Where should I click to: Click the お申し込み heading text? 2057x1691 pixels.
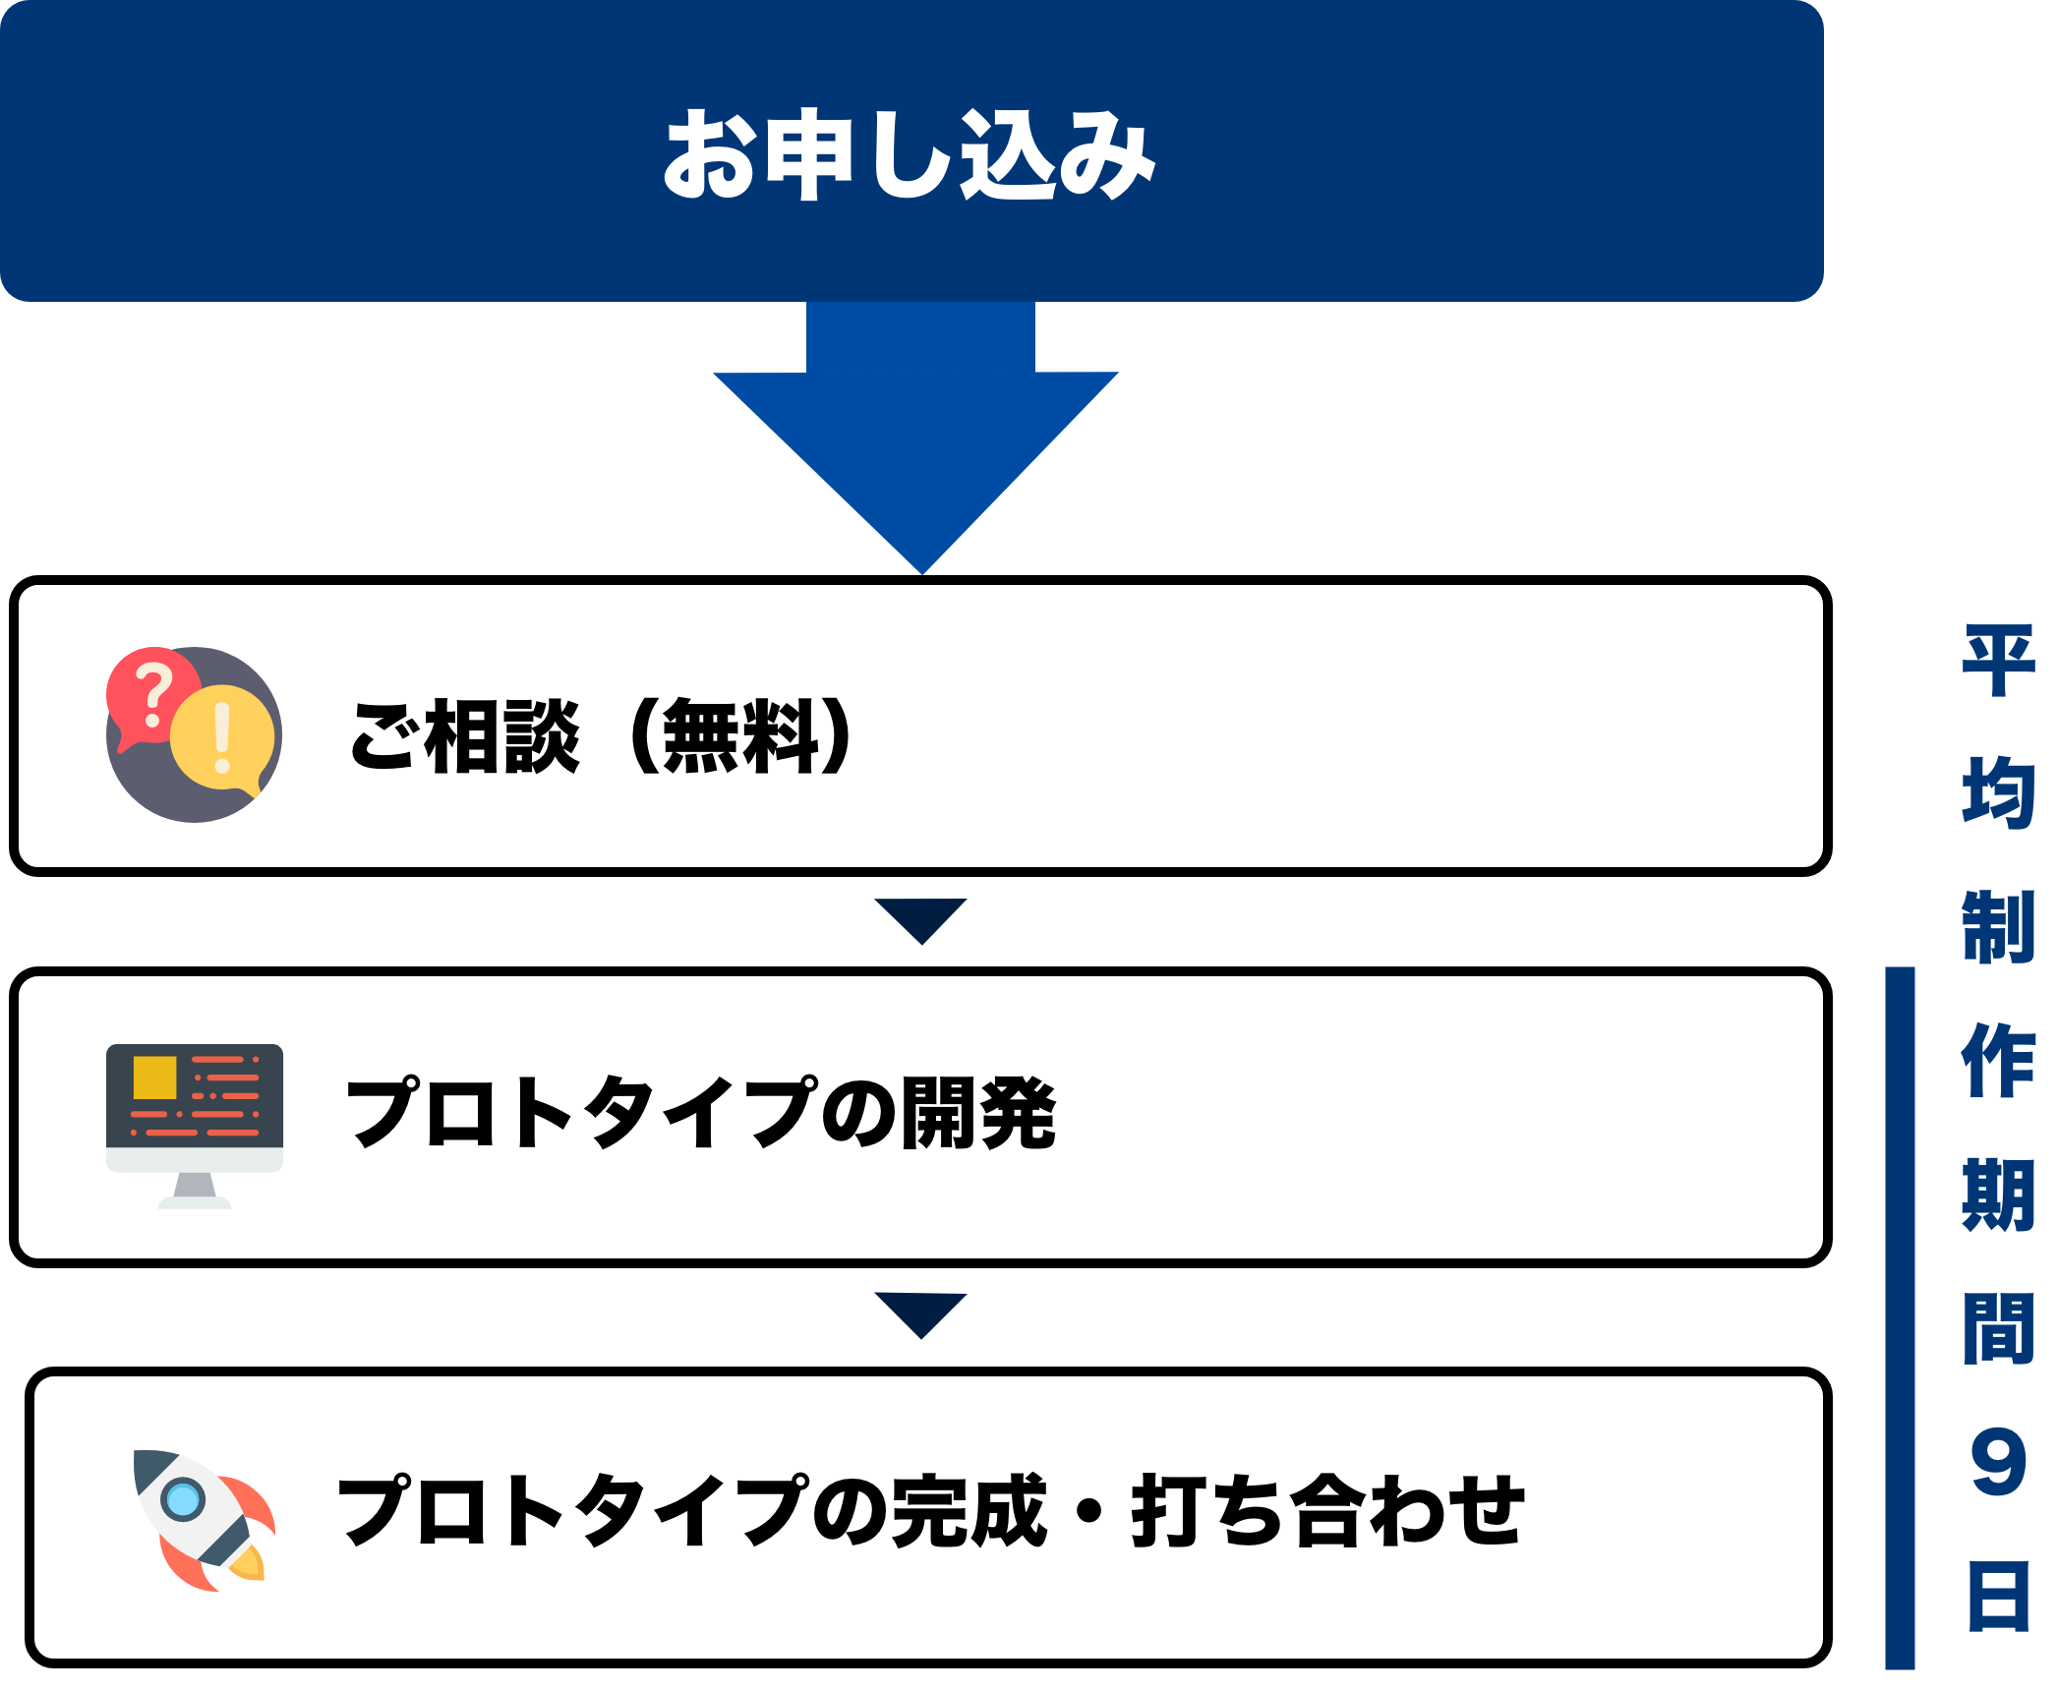pyautogui.click(x=910, y=154)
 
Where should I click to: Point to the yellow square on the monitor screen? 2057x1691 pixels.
pyautogui.click(x=154, y=1078)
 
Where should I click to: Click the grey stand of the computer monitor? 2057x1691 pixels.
pyautogui.click(x=195, y=1191)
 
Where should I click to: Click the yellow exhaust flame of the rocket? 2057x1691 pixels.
pyautogui.click(x=248, y=1563)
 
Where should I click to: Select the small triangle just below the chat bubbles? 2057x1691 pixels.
pyautogui.click(x=920, y=918)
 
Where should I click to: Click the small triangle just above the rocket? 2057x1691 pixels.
pyautogui.click(x=920, y=1312)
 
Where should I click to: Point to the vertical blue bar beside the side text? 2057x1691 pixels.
pyautogui.click(x=1900, y=1317)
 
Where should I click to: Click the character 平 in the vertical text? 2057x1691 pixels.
pyautogui.click(x=1998, y=661)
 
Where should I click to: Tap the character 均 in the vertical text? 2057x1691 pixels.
pyautogui.click(x=1998, y=794)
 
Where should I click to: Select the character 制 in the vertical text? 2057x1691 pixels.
pyautogui.click(x=1998, y=927)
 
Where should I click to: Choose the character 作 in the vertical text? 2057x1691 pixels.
pyautogui.click(x=1998, y=1061)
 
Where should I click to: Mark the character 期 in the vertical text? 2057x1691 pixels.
pyautogui.click(x=1998, y=1195)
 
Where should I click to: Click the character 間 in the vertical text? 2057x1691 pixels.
pyautogui.click(x=1998, y=1329)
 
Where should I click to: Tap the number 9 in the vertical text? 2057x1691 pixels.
pyautogui.click(x=1998, y=1464)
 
